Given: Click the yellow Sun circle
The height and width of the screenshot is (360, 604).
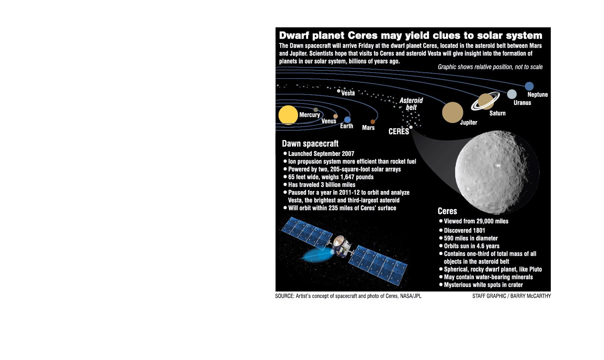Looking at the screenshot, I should (x=288, y=115).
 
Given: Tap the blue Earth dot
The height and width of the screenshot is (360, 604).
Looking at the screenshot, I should (x=347, y=120).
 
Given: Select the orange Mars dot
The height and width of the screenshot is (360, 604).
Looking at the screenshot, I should (x=373, y=122).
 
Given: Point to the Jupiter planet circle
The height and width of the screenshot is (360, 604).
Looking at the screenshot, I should (x=453, y=112).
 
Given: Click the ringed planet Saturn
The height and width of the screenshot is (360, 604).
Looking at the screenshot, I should (x=485, y=101).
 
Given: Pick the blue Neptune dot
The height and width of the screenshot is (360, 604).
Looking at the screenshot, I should (x=529, y=86).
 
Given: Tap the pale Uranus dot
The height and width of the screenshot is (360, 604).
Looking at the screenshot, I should (x=512, y=94).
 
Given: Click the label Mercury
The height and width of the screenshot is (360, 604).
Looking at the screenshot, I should (x=309, y=115).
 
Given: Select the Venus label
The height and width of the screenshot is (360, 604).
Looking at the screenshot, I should (x=329, y=121).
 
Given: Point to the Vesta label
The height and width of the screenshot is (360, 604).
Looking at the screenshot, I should (x=348, y=93).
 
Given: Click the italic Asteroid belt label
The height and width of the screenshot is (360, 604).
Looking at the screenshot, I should (x=411, y=104).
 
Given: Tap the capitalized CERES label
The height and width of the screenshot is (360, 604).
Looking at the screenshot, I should (x=399, y=131).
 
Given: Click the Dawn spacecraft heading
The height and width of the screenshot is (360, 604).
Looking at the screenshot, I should (x=310, y=144).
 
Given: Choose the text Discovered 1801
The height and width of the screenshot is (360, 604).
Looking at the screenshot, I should (x=464, y=230).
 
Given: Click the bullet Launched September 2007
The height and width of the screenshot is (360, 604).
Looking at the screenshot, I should (x=321, y=154).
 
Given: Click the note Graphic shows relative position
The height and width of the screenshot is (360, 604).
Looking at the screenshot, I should (x=490, y=67).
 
